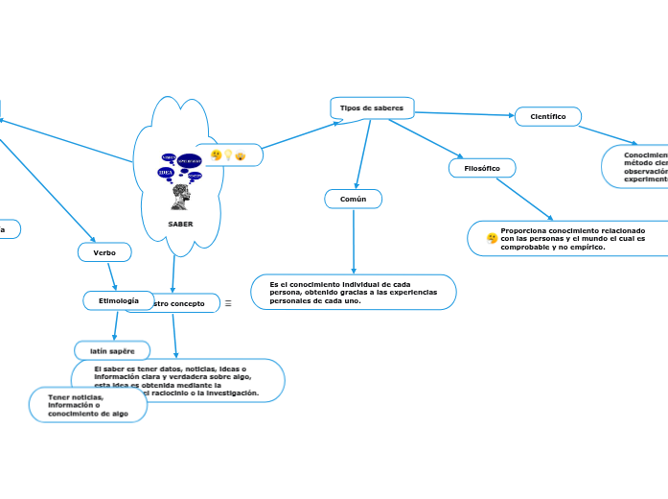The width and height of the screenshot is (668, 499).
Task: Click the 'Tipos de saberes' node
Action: pos(372,107)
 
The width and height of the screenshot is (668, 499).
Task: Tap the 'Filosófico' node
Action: pos(481,168)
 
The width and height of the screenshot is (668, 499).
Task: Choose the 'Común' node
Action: pos(354,199)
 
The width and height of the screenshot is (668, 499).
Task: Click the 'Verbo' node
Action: pos(104,252)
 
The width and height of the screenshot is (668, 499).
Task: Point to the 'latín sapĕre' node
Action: pos(112,351)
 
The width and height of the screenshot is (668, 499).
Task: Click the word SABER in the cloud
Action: pos(180,225)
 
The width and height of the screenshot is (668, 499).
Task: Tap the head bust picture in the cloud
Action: pos(180,198)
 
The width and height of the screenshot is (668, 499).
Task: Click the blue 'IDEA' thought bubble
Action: pos(166,173)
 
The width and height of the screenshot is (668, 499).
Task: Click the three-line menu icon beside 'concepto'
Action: pos(228,304)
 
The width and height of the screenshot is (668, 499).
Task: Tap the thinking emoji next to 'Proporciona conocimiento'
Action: pos(492,238)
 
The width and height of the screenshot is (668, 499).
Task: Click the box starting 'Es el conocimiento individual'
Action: pos(354,293)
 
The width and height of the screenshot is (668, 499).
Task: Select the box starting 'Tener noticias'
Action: pos(88,405)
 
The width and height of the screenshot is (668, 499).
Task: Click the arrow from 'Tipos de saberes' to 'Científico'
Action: pos(465,114)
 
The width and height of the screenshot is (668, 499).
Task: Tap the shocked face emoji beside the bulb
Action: pos(240,155)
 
